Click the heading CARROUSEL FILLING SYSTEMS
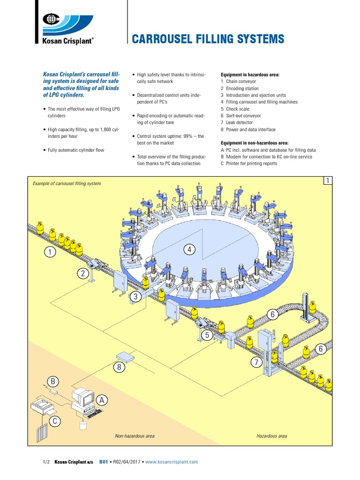click(208, 39)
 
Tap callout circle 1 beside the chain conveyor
click(49, 253)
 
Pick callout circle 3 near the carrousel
click(136, 297)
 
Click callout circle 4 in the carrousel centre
click(189, 250)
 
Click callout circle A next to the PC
click(102, 399)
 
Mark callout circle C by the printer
click(55, 421)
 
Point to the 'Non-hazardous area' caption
click(135, 436)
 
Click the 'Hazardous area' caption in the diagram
click(271, 436)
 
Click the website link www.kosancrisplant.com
click(172, 462)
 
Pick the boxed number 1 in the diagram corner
click(328, 181)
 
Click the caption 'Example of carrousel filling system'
click(67, 183)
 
